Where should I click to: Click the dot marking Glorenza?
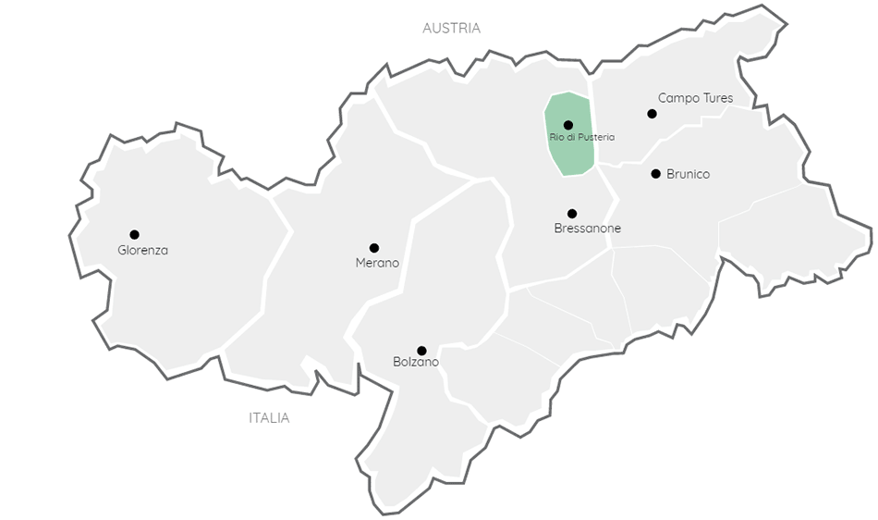[134, 234]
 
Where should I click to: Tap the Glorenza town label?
[143, 250]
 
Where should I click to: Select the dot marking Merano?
[374, 248]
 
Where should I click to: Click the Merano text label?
[377, 263]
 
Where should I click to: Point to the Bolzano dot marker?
[421, 351]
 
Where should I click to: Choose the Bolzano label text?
[416, 362]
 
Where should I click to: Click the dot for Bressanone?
[572, 214]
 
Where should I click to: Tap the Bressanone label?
[588, 229]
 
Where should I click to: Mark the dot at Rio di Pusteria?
[567, 125]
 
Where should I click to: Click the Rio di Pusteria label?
[581, 137]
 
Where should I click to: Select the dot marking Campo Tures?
[652, 114]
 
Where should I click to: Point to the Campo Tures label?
[695, 98]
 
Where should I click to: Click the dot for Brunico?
[655, 173]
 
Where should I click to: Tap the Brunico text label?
[688, 174]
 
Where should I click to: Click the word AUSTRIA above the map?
[451, 29]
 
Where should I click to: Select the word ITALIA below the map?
[269, 418]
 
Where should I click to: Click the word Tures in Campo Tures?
[717, 98]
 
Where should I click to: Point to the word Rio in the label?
[555, 137]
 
